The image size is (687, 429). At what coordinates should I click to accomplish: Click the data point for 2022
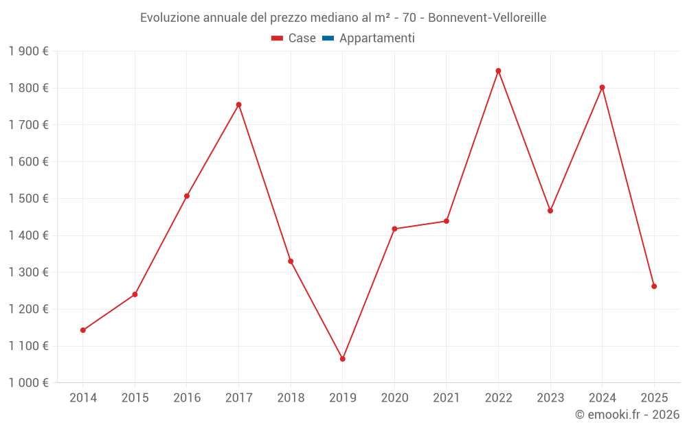[498, 71]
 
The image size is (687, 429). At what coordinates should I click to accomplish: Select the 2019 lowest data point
[342, 359]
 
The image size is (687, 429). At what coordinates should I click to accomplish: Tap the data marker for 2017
[238, 104]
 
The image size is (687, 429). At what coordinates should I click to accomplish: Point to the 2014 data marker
[83, 330]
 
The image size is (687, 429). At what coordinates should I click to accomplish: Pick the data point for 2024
[602, 87]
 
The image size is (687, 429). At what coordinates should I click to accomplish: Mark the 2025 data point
[654, 286]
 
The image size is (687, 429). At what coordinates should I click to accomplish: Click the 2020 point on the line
[394, 229]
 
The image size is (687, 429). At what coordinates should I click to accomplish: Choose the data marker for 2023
[550, 211]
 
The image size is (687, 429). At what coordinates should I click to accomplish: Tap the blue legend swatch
[328, 38]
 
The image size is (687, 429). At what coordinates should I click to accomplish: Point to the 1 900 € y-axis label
[28, 51]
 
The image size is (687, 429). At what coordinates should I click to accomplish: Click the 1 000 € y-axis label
[28, 383]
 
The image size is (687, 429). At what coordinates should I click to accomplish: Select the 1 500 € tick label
[28, 198]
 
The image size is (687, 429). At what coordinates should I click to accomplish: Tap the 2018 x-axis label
[291, 398]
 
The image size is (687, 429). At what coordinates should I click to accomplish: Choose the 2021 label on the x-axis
[447, 398]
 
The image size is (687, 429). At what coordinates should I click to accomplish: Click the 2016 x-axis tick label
[187, 398]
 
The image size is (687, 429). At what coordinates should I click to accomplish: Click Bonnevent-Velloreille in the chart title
[487, 18]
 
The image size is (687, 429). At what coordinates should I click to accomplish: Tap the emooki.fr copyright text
[627, 415]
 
